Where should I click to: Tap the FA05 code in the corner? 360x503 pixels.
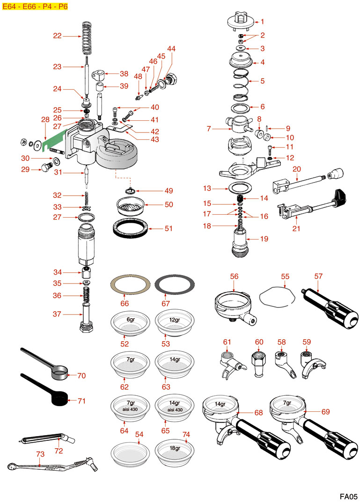348,496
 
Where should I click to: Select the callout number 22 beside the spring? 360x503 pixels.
57,36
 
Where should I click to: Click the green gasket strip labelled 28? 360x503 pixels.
55,138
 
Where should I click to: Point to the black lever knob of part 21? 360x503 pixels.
340,194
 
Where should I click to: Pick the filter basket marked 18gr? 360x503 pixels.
175,452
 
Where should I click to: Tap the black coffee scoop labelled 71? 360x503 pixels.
59,400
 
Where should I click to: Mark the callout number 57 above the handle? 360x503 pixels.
318,276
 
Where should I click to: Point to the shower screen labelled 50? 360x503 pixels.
130,206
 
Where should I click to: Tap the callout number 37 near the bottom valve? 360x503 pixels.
57,314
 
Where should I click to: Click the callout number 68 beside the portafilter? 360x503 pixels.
258,412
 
